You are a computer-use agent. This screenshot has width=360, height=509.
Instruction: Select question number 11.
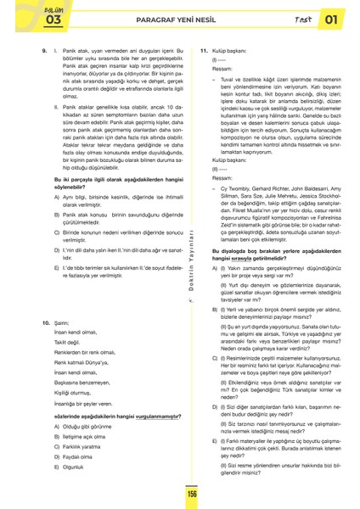203,51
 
